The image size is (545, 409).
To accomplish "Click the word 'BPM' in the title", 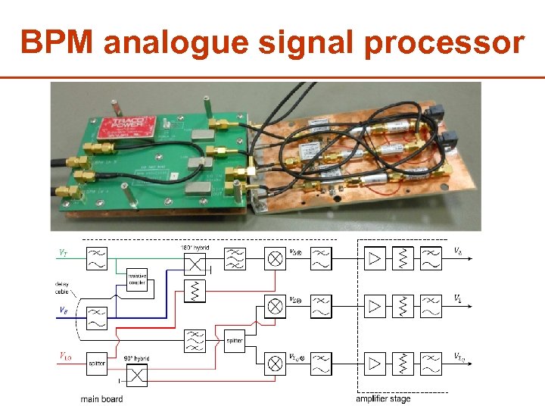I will (x=58, y=43).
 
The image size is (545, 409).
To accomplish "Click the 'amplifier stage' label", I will (x=384, y=399).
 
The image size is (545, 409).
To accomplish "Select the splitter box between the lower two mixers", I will (x=235, y=342).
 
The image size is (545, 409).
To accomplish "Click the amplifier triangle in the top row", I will (x=375, y=258).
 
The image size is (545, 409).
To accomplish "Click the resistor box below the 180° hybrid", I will (x=195, y=290).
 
